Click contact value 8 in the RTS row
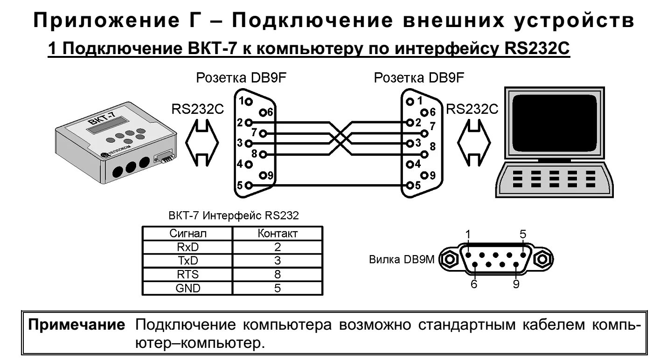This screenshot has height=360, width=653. (277, 275)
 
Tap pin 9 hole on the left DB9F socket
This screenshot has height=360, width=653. (264, 175)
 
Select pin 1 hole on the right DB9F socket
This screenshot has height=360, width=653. (410, 101)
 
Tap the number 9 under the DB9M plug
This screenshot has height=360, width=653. (516, 284)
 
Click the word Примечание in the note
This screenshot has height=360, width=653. (77, 325)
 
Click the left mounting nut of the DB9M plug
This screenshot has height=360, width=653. (451, 258)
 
